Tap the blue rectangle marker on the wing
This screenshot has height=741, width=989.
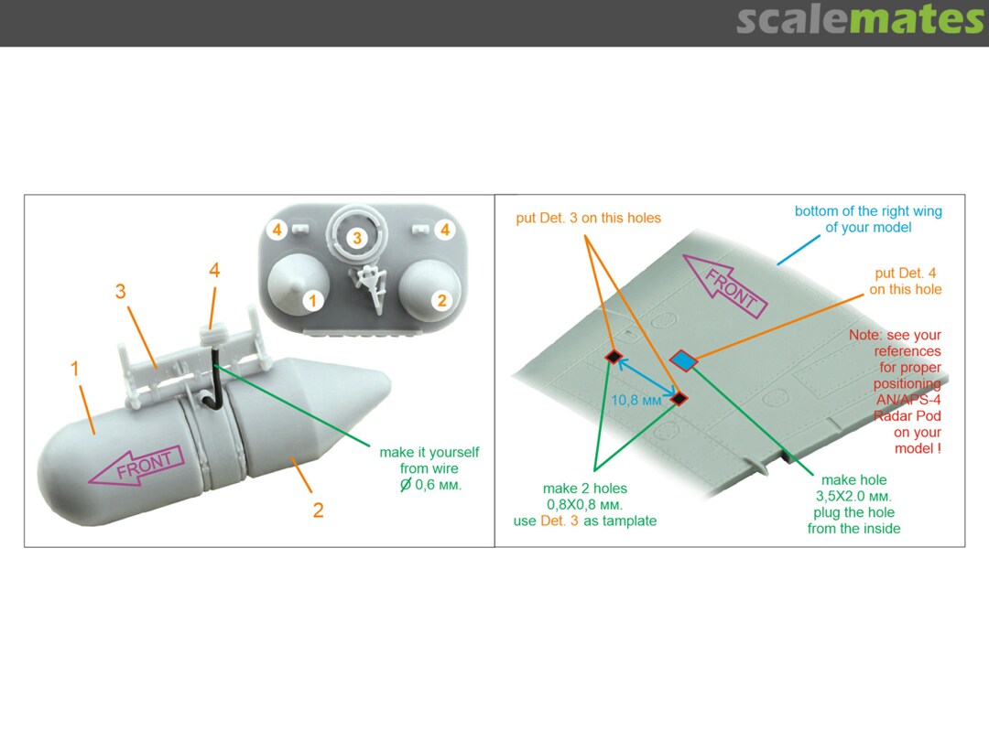[x=683, y=360]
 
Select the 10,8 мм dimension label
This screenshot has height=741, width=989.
[x=634, y=401]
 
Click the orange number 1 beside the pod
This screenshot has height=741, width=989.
[x=76, y=369]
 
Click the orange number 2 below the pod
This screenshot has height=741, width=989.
[x=318, y=510]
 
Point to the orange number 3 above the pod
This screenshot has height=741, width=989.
[x=120, y=292]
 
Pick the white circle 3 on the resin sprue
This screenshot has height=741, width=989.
[x=358, y=238]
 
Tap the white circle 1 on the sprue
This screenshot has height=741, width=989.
[x=312, y=300]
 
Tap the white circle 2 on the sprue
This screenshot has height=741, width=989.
[x=441, y=300]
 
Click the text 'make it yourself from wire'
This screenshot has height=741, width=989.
[x=429, y=460]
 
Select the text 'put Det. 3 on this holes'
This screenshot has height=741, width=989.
[x=588, y=219]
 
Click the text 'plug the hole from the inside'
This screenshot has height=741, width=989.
[x=853, y=521]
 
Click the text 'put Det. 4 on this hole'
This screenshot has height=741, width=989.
[x=905, y=282]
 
